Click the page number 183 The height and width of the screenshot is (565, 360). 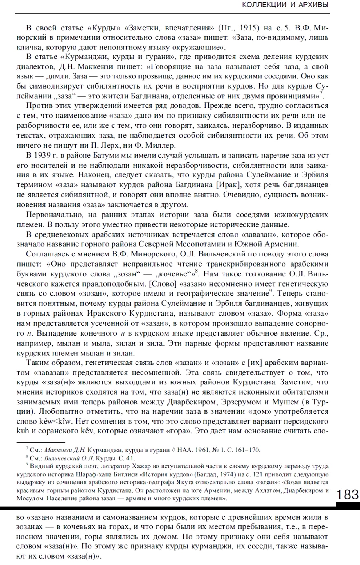click(347, 494)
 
